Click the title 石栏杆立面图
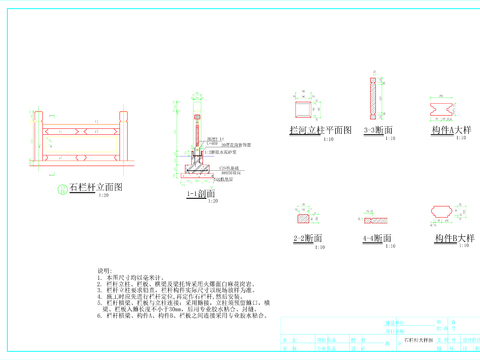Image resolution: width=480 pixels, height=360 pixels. click(95, 187)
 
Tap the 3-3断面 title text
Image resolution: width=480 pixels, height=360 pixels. click(377, 130)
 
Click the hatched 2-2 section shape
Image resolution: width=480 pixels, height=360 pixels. click(301, 215)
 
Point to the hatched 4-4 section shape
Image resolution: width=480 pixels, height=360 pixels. click(375, 215)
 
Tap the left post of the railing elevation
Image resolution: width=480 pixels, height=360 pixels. click(38, 139)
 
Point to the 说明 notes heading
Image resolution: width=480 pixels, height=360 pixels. click(103, 272)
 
